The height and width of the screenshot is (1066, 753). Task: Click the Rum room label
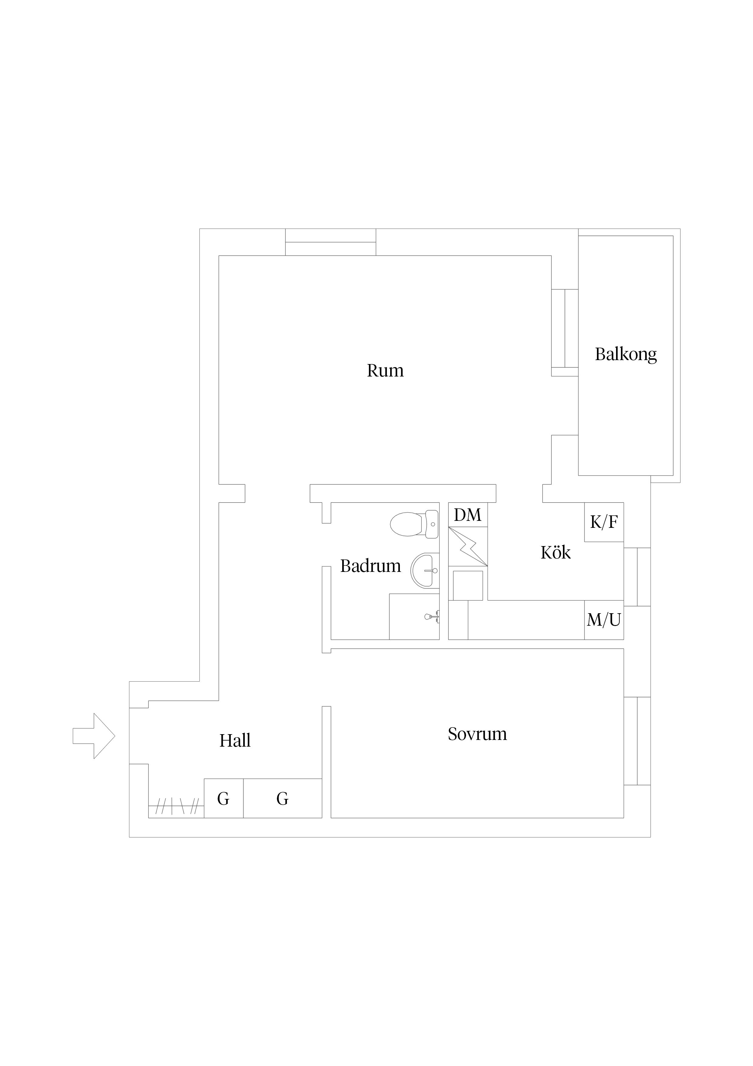coord(385,371)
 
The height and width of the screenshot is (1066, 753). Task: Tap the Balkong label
coord(626,355)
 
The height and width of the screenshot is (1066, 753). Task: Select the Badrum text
coord(371,566)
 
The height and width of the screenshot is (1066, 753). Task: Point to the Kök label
coord(555,552)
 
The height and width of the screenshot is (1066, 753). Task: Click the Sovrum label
coord(477,734)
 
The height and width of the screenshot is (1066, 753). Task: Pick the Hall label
coord(235,741)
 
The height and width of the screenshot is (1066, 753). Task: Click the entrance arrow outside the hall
coord(94,736)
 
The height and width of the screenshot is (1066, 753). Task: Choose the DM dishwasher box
coord(468,515)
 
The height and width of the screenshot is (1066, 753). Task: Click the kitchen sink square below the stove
coord(468,586)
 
